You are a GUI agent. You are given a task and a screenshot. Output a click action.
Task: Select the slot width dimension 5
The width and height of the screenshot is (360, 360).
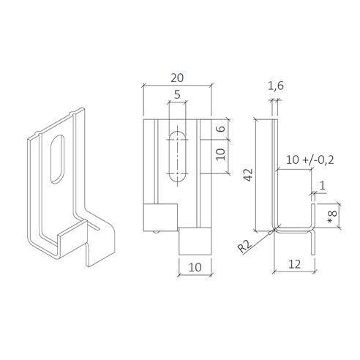coord(176,94)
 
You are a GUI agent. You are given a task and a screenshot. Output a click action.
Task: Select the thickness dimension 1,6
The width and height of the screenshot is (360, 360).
coord(275,88)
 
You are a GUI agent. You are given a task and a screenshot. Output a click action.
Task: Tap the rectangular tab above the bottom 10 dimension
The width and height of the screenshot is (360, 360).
coord(194,239)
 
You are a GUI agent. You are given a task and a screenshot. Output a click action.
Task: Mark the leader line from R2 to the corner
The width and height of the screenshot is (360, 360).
coord(264,235)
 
